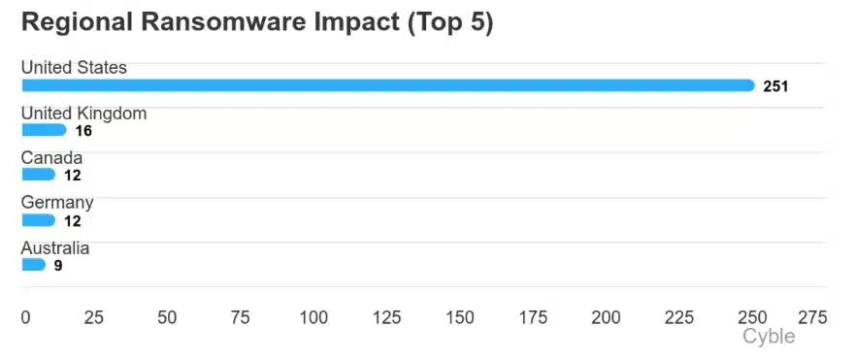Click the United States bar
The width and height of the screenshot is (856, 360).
pos(388,85)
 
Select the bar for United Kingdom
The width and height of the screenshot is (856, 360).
pos(44,130)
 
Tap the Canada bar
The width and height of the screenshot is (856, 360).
pos(38,175)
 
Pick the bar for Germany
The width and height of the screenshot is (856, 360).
pos(38,220)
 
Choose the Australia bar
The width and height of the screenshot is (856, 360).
pos(33,265)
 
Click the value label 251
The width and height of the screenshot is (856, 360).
pos(775,86)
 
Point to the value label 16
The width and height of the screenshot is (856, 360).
pos(83,131)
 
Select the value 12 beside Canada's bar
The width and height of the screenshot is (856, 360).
pos(72,176)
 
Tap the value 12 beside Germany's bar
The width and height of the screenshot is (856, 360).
pos(72,220)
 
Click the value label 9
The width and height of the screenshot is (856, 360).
pos(58,265)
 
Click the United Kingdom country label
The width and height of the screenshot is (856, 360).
pos(83,114)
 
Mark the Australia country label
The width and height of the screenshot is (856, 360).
pos(55,248)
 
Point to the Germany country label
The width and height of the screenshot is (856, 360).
pos(57,203)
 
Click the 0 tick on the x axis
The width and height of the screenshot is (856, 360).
pos(26,317)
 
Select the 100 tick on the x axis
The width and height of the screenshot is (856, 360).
pos(314,317)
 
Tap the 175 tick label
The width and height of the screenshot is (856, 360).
pos(533,317)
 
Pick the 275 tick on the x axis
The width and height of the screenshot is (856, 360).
pos(812,317)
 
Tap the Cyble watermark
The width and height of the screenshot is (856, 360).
pos(769,337)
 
